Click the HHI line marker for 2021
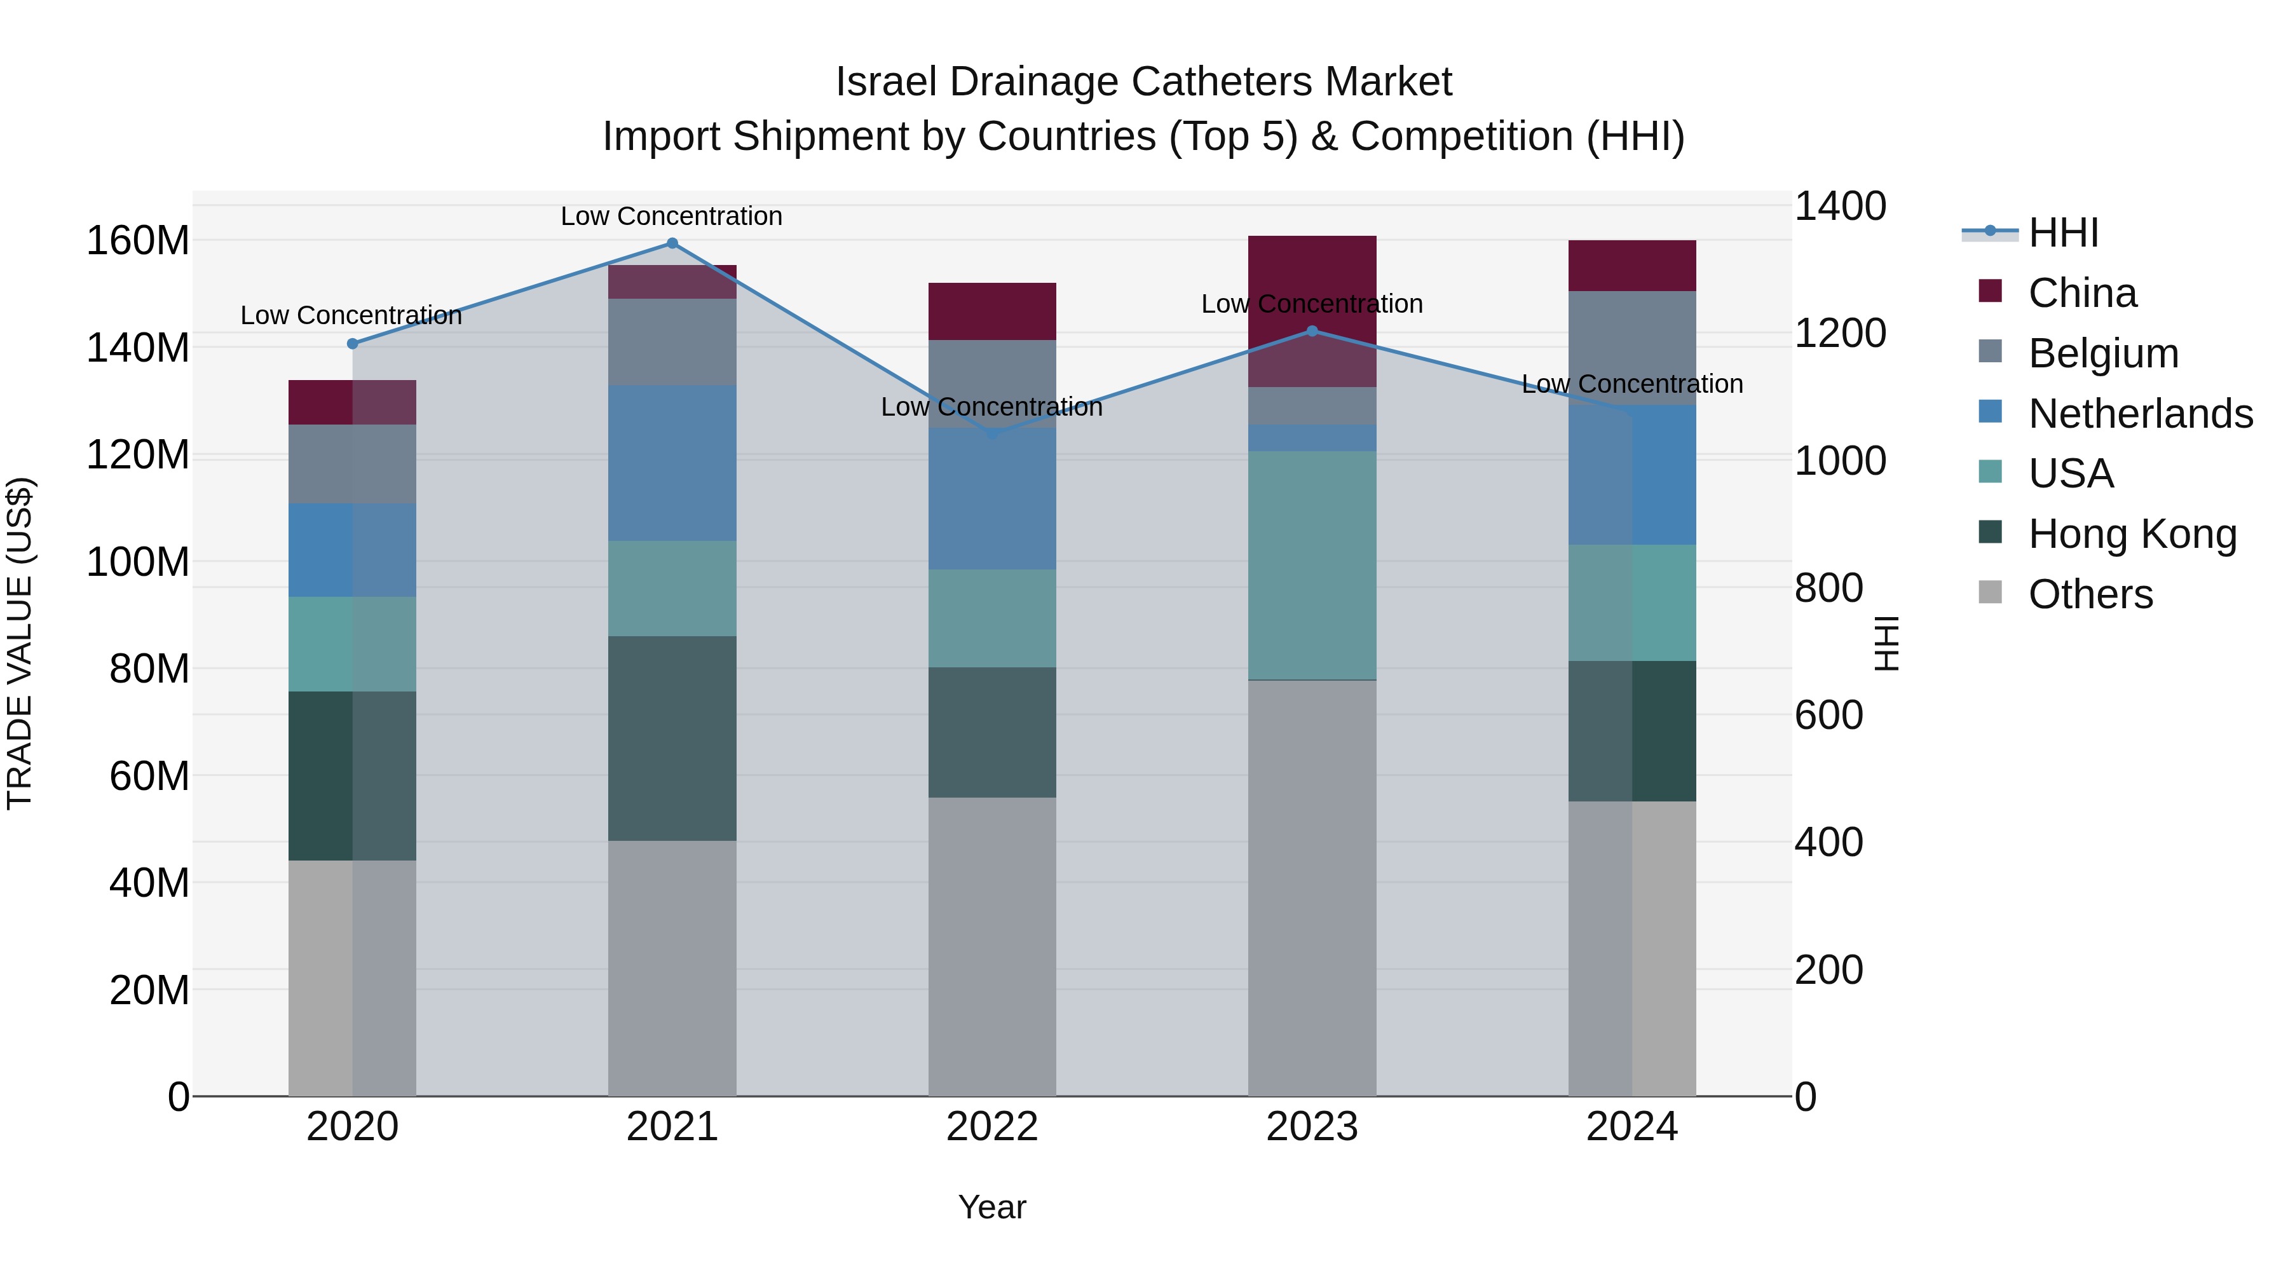tap(672, 243)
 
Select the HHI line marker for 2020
tap(353, 344)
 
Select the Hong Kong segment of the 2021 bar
tap(672, 737)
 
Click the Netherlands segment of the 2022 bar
tap(992, 499)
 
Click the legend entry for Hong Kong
tap(2132, 534)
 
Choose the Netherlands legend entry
tap(2140, 414)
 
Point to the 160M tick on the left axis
tap(138, 241)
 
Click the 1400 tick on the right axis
tap(1841, 206)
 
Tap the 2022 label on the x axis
tap(992, 1127)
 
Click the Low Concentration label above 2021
tap(672, 216)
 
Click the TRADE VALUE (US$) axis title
tap(20, 643)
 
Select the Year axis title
tap(992, 1207)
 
